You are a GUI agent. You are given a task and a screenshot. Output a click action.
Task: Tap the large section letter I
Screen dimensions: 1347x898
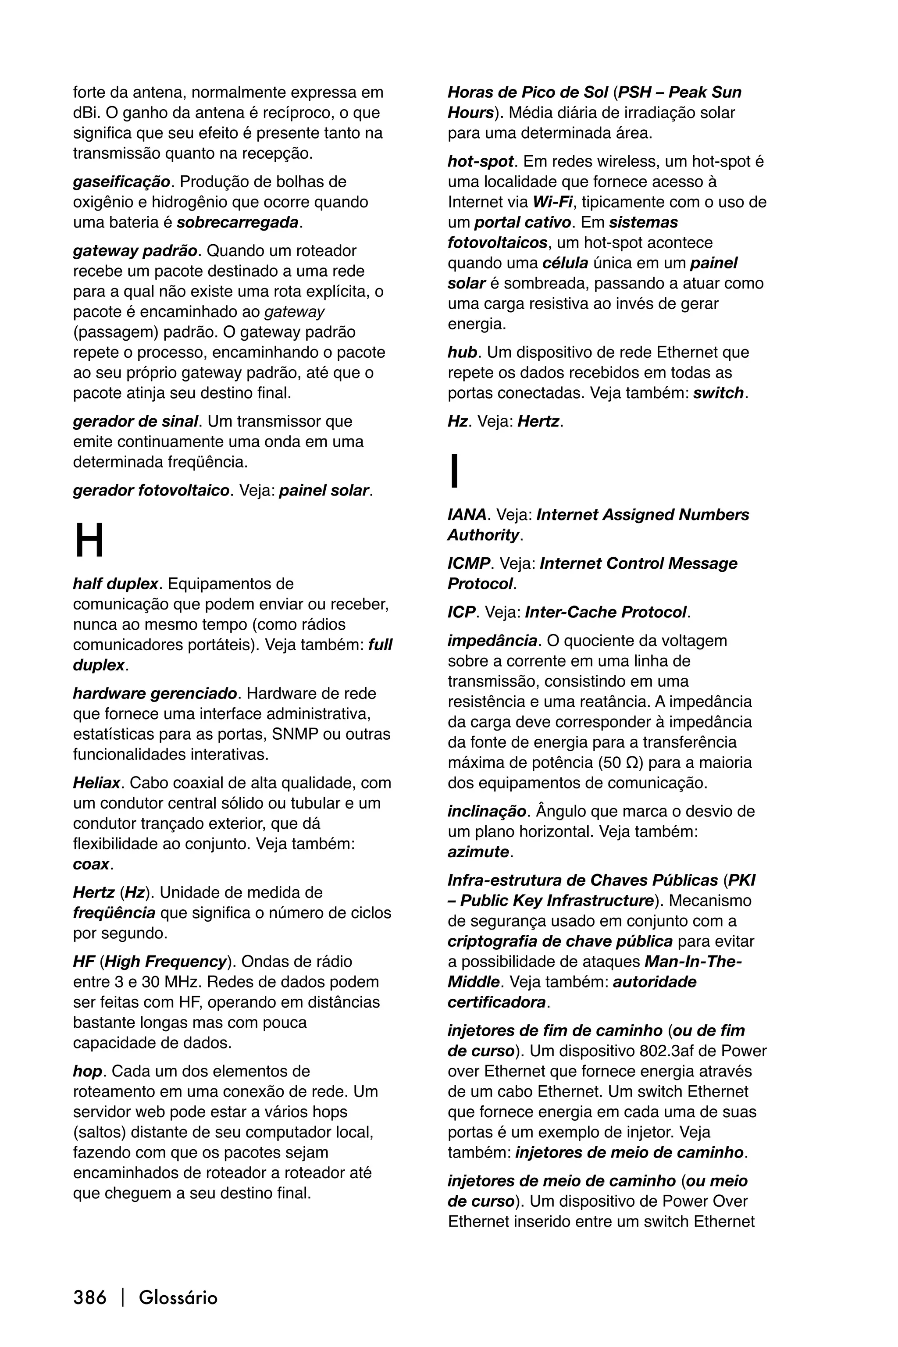(455, 471)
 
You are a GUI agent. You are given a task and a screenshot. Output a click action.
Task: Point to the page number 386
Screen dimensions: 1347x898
(90, 1297)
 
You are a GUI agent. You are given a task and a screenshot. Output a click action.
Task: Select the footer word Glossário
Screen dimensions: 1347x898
(178, 1297)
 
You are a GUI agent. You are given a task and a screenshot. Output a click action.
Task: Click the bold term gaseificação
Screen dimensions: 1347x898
(121, 182)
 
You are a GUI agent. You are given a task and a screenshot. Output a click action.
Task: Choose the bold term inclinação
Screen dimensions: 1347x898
(487, 812)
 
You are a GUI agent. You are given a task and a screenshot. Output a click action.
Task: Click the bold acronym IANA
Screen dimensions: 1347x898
(467, 515)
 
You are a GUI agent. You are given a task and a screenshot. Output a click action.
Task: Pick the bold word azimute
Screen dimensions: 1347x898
(478, 852)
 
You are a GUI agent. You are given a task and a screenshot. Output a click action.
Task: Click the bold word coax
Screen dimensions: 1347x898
(90, 864)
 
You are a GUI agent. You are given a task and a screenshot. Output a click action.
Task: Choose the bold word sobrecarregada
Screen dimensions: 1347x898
(238, 222)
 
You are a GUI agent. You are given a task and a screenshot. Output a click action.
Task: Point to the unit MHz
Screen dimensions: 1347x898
(183, 982)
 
